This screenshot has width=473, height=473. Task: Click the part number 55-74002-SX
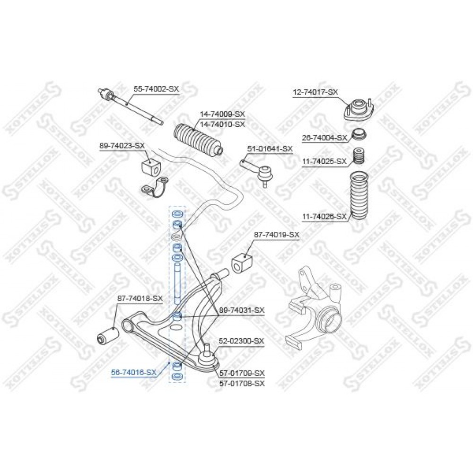[x=156, y=89]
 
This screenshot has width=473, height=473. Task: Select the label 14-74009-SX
[x=222, y=114]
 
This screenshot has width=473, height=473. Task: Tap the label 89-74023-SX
[x=123, y=146]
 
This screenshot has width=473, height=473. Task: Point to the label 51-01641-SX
[x=270, y=149]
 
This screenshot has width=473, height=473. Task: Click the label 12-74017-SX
[x=315, y=92]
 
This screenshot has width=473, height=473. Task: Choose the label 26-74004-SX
[x=324, y=138]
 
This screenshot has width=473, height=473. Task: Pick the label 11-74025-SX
[x=324, y=162]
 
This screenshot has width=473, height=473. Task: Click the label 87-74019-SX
[x=277, y=235]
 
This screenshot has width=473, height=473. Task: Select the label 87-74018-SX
[x=140, y=298]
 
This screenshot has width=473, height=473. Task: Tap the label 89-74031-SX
[x=242, y=310]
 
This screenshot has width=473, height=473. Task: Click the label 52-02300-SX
[x=241, y=341]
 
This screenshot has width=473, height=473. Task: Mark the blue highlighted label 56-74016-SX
[x=134, y=373]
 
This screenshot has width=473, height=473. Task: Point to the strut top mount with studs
[x=359, y=111]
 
